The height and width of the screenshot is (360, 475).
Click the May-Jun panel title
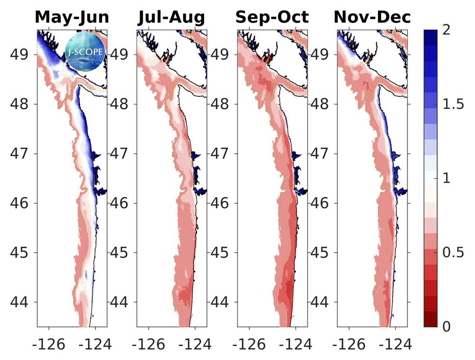pyautogui.click(x=72, y=18)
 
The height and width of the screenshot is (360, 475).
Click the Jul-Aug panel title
pyautogui.click(x=171, y=18)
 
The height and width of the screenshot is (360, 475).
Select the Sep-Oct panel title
pyautogui.click(x=272, y=18)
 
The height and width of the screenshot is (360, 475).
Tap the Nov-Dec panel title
pyautogui.click(x=372, y=18)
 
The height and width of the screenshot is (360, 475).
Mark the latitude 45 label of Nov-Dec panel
pyautogui.click(x=323, y=253)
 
